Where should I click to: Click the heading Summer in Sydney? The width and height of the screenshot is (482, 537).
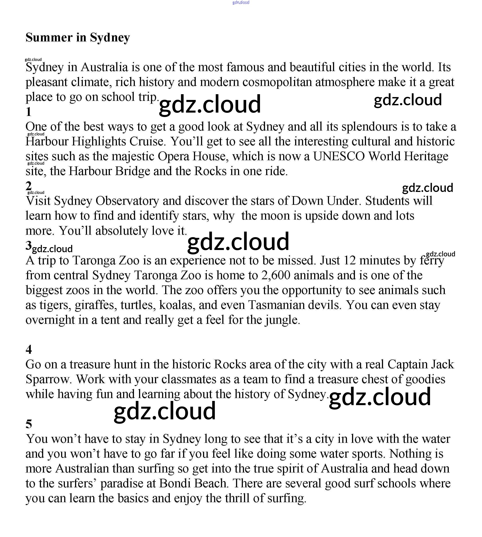[77, 37]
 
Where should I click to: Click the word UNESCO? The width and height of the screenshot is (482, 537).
[339, 156]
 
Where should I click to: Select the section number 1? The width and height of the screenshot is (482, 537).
[29, 112]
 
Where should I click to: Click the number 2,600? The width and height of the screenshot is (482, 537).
[276, 275]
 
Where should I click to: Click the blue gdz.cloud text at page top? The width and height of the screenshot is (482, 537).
[241, 3]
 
